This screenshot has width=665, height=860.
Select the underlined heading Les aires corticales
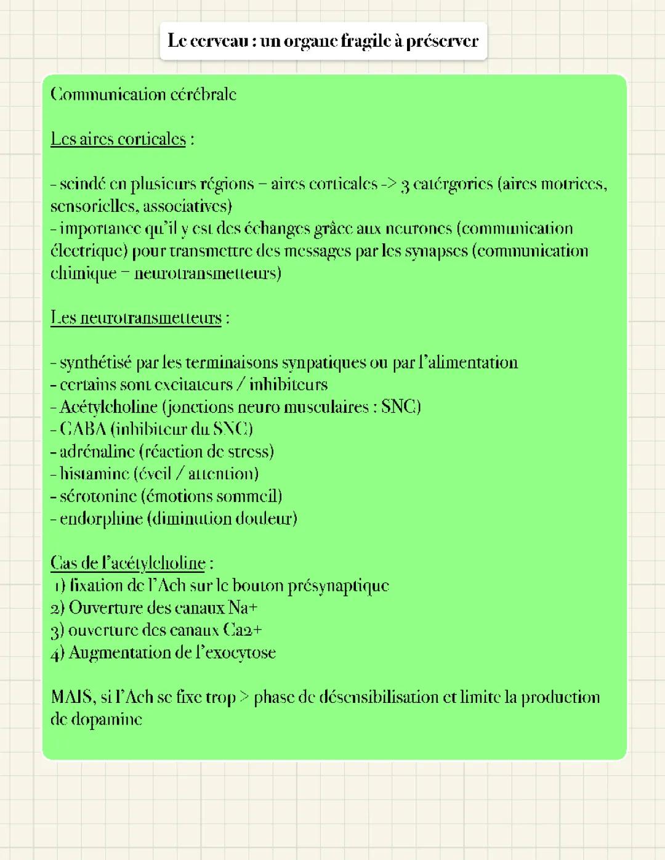118,139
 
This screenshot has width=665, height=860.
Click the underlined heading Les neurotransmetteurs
135,318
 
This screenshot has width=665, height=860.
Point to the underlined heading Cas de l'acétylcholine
128,563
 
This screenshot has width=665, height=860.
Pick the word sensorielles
95,206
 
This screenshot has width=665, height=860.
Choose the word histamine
94,474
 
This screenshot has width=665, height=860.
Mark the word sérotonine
98,496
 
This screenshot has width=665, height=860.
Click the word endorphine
101,519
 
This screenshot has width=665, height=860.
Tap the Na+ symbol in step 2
243,608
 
